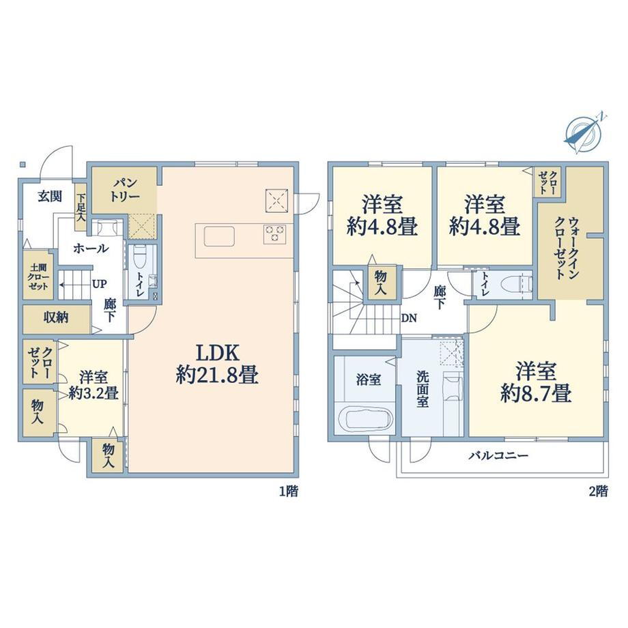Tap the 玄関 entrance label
pyautogui.click(x=50, y=197)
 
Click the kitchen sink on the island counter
pyautogui.click(x=219, y=236)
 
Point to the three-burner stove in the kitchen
pyautogui.click(x=274, y=234)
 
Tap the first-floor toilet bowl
pyautogui.click(x=139, y=256)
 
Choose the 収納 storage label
pyautogui.click(x=56, y=318)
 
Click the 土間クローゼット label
pyautogui.click(x=38, y=276)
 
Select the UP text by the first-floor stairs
pyautogui.click(x=100, y=284)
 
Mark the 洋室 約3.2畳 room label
pyautogui.click(x=94, y=385)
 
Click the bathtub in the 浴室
pyautogui.click(x=365, y=419)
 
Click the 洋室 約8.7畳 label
pyautogui.click(x=535, y=382)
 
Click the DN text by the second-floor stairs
pyautogui.click(x=409, y=318)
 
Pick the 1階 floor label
pyautogui.click(x=288, y=491)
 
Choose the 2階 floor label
pyautogui.click(x=599, y=491)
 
